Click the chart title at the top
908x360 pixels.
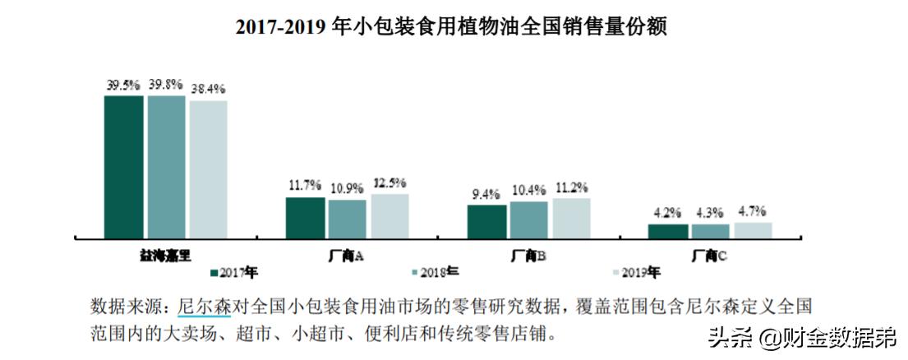click(x=450, y=28)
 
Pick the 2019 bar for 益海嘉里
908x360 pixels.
click(x=208, y=169)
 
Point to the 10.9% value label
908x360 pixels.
click(x=347, y=188)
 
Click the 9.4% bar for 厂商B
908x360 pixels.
click(x=486, y=221)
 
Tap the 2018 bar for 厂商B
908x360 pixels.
click(x=528, y=219)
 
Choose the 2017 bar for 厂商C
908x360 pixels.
click(x=667, y=231)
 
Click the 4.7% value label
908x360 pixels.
click(x=752, y=210)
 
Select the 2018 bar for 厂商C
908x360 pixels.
click(x=710, y=231)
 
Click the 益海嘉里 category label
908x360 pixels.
click(x=165, y=256)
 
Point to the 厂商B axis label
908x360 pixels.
click(x=528, y=256)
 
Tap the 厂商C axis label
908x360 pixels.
click(x=710, y=256)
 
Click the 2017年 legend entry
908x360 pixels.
click(x=235, y=271)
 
